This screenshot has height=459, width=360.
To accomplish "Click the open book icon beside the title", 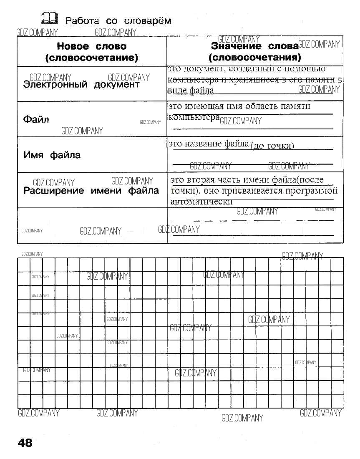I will pos(49,19).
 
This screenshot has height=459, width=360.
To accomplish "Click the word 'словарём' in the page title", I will pos(148,20).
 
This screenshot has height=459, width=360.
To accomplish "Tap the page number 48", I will pos(25,443).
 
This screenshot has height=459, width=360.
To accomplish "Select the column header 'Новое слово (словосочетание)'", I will pos(91,52).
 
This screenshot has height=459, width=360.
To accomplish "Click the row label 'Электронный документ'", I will pos(81,85).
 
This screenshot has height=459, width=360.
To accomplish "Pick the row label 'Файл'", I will pos(36,120).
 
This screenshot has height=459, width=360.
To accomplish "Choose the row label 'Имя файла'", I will pos(52,155).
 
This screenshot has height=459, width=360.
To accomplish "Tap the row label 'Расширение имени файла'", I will pos(91,191).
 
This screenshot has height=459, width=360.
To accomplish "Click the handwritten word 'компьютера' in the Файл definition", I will pos(194,117).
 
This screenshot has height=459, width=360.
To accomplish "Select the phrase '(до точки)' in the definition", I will pos(272,146).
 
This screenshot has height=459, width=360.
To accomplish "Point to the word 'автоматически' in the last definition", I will pos(201,202).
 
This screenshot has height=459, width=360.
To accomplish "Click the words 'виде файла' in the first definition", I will pos(191,90).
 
